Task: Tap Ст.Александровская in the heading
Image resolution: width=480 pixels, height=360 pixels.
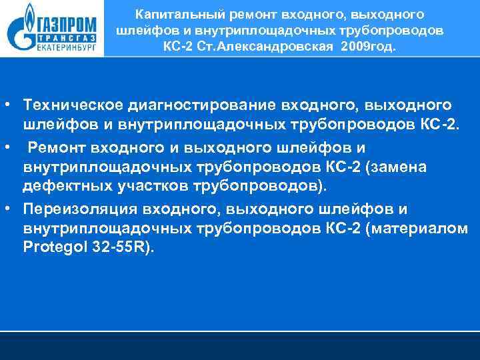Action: point(263,47)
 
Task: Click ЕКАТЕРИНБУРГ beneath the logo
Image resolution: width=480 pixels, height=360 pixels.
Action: point(61,49)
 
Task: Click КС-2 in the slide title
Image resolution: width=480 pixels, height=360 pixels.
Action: point(178,47)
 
